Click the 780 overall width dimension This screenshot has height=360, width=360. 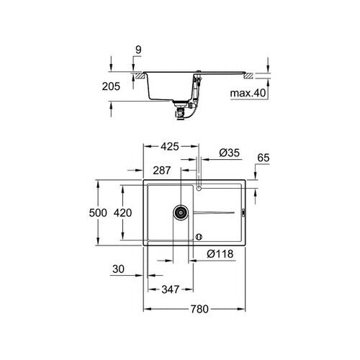click(x=199, y=309)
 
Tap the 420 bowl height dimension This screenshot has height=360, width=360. click(x=124, y=213)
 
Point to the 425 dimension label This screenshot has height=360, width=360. click(x=169, y=148)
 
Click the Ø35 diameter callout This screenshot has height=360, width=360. click(x=228, y=153)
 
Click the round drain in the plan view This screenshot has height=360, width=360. click(x=180, y=212)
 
